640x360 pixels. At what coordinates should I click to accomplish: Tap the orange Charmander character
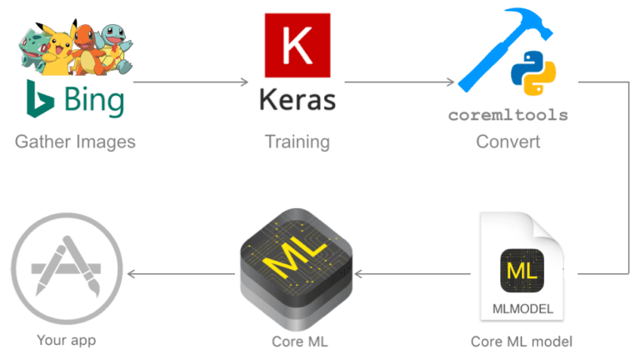coord(86,46)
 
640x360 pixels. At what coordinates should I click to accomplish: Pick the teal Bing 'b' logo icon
coord(37,100)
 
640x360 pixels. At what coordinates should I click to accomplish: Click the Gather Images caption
coord(75,142)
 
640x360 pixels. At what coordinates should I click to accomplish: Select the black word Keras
coord(297,101)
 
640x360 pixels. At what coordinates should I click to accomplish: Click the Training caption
coord(297,142)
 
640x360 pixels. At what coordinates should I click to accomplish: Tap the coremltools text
coord(507,116)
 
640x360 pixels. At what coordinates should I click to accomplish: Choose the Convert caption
coord(507,142)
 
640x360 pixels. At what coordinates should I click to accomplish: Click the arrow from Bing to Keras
coord(191,82)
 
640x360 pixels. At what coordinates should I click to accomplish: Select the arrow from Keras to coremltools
coord(400,82)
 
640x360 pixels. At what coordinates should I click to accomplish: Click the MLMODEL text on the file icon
coord(522,309)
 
